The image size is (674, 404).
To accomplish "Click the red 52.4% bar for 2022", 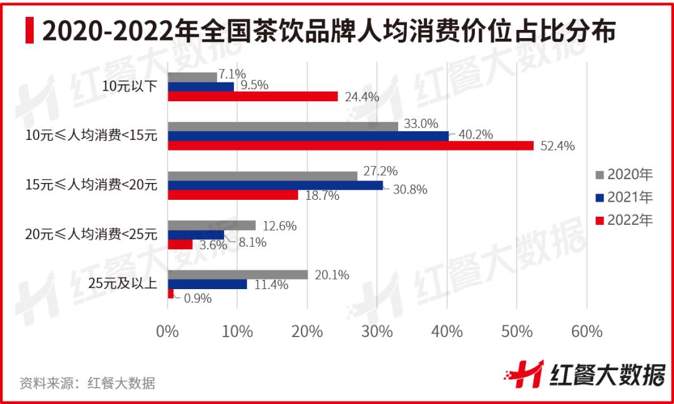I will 351,145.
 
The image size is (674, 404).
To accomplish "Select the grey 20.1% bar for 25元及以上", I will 238,275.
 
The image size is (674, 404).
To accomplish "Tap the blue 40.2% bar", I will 308,135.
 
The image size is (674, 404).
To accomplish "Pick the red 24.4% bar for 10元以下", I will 253,96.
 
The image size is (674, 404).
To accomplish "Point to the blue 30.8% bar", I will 275,185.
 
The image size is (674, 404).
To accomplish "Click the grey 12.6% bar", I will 212,225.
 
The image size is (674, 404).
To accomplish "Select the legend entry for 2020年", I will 624,174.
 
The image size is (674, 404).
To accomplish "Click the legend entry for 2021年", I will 624,197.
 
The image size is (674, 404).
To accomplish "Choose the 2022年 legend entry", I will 624,220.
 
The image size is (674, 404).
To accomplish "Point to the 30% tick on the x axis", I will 378,332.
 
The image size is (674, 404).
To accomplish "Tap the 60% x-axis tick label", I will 587,332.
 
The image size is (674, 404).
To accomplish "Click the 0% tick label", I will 167,332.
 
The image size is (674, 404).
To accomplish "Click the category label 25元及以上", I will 122,284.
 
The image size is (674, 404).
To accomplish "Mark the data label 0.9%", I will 197,298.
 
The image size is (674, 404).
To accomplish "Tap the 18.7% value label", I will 322,196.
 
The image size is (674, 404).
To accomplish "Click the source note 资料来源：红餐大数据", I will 87,383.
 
